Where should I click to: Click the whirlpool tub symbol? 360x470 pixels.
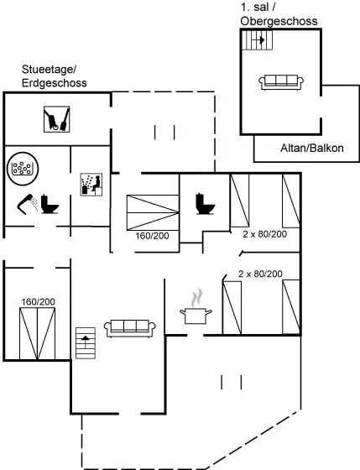pos(23,168)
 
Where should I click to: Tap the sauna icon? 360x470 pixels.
pos(91,185)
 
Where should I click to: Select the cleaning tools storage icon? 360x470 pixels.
pos(57,119)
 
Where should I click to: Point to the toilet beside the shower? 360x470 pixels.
pos(50,204)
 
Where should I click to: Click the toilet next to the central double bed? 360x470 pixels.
pos(206,204)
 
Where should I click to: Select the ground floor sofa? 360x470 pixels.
pos(130,328)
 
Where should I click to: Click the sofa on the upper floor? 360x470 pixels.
pos(281,82)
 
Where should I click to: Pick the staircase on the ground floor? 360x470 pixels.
pos(86,343)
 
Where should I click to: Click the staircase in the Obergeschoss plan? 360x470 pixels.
pos(257,40)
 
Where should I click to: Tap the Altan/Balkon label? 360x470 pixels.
pos(312,148)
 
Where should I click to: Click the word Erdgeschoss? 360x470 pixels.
pos(55,83)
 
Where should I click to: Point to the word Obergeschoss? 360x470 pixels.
pos(279,21)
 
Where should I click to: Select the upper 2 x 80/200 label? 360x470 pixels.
pos(264,234)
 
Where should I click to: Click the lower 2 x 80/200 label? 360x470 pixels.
pos(260,274)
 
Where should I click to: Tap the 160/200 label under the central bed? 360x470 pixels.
pos(152,236)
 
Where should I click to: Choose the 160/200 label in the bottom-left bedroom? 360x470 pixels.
pos(38,302)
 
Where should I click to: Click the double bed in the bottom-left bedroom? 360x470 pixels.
pos(38,334)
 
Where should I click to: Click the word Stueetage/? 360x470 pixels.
pos(50,70)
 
